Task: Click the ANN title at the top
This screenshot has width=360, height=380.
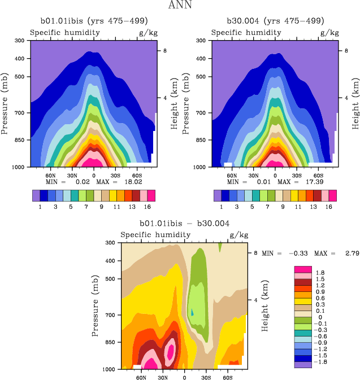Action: pyautogui.click(x=180, y=6)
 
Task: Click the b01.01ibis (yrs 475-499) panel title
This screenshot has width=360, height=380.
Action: pyautogui.click(x=94, y=21)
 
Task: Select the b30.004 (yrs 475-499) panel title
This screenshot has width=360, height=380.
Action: pyautogui.click(x=275, y=21)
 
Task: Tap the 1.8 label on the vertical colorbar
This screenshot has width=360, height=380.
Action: pyautogui.click(x=320, y=272)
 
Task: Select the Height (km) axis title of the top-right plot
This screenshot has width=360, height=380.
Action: pyautogui.click(x=355, y=103)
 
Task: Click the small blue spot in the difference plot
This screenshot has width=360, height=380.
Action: pyautogui.click(x=192, y=312)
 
